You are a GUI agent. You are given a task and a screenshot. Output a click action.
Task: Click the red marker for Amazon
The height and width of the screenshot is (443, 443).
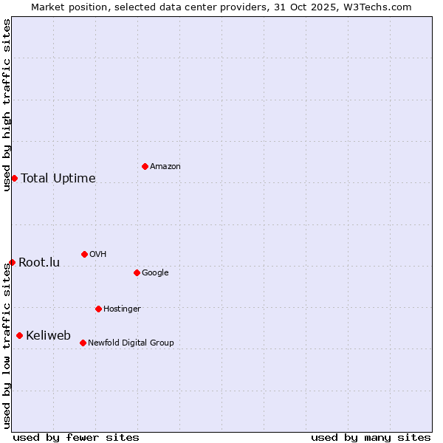[x=145, y=166]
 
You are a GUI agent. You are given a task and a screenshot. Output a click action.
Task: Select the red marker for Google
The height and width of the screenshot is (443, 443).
[x=137, y=272]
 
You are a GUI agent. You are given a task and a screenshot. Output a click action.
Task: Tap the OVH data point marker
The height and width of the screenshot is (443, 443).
[x=84, y=254]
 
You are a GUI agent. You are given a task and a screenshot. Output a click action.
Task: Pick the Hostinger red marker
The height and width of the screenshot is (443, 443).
[x=98, y=309]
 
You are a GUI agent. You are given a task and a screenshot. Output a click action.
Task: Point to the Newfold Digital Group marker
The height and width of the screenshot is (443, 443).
[x=83, y=343]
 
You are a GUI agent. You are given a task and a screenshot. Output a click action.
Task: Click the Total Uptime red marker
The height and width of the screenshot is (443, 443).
[x=14, y=178]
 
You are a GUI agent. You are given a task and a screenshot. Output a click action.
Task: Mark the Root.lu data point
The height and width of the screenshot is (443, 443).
[x=12, y=262]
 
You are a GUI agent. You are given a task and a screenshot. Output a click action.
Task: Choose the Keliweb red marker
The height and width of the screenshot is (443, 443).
[x=19, y=335]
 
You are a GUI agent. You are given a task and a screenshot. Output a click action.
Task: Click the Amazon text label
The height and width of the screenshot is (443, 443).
[x=165, y=167]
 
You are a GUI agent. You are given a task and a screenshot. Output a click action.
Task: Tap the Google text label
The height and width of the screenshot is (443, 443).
[x=155, y=273]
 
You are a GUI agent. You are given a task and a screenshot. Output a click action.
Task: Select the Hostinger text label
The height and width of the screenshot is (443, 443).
[x=122, y=309]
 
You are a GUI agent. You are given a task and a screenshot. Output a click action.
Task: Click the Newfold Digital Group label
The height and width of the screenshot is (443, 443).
[x=131, y=343]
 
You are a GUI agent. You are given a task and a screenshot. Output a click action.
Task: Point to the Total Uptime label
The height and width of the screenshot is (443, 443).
[x=58, y=179]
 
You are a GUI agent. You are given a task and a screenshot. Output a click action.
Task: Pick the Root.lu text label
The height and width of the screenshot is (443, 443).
[x=39, y=263]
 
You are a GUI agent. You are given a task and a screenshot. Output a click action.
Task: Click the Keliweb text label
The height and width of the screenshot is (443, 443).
[x=48, y=336]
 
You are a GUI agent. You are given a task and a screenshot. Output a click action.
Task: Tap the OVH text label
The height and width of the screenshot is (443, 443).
[x=97, y=255]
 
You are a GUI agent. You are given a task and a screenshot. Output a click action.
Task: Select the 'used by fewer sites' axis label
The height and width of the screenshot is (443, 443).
[x=76, y=437]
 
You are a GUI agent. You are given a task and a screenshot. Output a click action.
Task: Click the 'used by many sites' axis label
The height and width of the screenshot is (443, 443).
[x=371, y=437]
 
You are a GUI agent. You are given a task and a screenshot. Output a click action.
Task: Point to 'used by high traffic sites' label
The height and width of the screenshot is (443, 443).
[x=7, y=105]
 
